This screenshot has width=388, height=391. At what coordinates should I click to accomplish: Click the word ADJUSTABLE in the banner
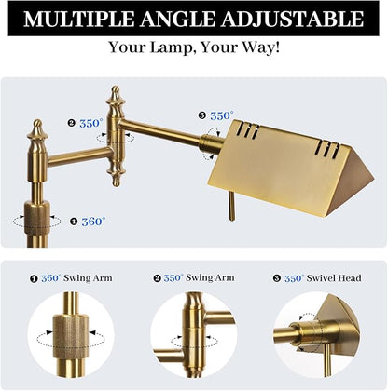click(292, 19)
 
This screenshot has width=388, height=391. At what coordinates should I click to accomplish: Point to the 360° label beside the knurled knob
click(93, 222)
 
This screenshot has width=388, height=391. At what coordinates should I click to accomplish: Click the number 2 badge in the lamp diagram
click(72, 123)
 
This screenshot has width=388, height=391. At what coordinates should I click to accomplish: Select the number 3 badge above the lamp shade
click(202, 115)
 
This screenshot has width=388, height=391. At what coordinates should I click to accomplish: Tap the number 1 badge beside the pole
click(74, 222)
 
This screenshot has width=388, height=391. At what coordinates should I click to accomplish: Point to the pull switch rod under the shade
click(231, 206)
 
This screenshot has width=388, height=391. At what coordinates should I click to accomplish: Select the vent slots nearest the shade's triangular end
click(327, 148)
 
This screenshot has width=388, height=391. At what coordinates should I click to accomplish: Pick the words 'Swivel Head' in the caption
click(334, 278)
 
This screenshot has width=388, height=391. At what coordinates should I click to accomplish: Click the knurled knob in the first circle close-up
click(71, 336)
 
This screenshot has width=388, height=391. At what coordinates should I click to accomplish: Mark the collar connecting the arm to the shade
click(208, 144)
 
